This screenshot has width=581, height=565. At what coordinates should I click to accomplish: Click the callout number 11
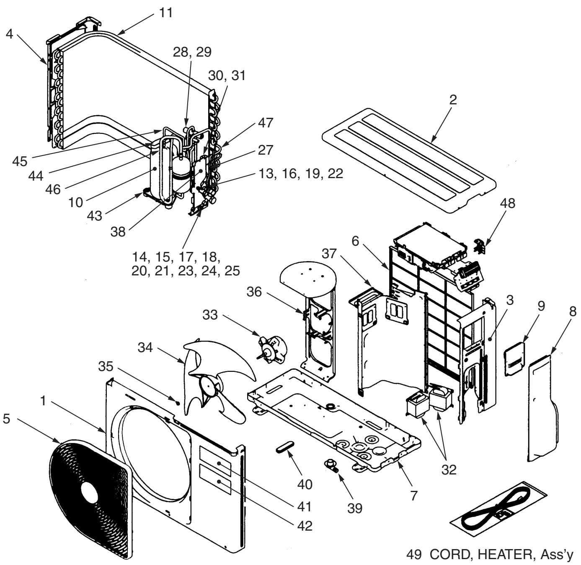pyautogui.click(x=166, y=13)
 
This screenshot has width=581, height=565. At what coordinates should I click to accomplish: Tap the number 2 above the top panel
pyautogui.click(x=453, y=100)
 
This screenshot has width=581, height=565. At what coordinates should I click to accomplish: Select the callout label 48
pyautogui.click(x=508, y=203)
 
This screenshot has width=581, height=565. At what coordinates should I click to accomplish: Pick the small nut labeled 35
pyautogui.click(x=178, y=403)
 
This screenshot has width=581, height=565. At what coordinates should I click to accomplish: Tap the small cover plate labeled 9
pyautogui.click(x=514, y=359)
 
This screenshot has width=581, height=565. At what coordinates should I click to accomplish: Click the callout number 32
pyautogui.click(x=449, y=470)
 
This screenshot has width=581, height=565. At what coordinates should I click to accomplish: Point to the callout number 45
pyautogui.click(x=20, y=161)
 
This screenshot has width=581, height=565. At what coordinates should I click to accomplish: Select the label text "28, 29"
pyautogui.click(x=192, y=52)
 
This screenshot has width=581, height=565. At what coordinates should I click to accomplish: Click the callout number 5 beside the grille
pyautogui.click(x=6, y=419)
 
